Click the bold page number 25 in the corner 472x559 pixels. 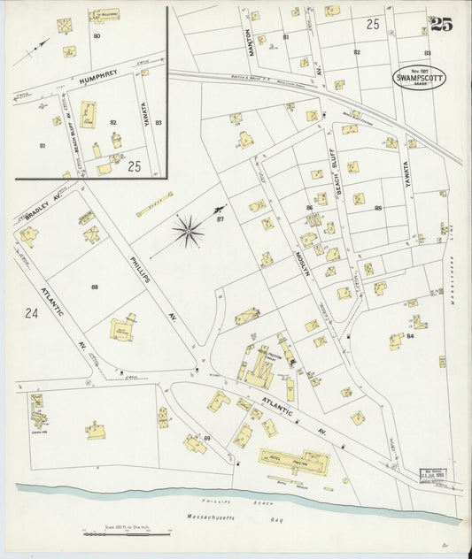pos(441,25)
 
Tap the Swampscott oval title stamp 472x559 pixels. pos(419,78)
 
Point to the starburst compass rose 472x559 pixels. pos(188,232)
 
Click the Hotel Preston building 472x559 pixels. pos(294,461)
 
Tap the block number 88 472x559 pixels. pos(94,287)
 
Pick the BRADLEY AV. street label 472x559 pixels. pos(41,215)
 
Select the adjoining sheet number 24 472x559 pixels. pos(32,312)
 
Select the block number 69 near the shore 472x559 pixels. pos(206,439)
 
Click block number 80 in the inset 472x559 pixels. pos(97,35)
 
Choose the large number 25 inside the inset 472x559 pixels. pos(134,165)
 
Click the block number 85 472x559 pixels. pos(378,209)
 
